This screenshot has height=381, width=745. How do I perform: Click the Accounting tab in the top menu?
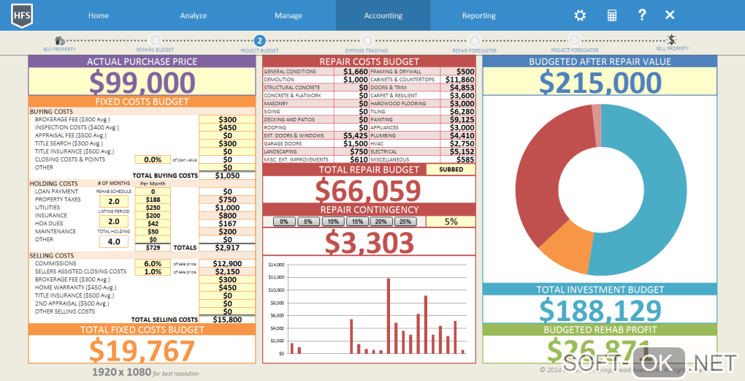point(383,15)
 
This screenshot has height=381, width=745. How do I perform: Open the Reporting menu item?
point(478,15)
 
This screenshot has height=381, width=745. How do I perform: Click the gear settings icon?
point(580,15)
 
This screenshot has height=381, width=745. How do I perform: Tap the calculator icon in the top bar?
point(612,15)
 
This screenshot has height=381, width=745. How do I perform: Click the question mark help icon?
point(641,15)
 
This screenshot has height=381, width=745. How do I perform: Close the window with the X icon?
point(670,15)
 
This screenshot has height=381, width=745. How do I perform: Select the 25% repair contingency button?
point(405,222)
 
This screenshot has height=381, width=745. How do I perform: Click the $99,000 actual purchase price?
point(142,81)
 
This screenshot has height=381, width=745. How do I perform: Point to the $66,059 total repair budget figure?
point(368,191)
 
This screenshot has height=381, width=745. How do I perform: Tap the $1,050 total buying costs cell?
point(227,176)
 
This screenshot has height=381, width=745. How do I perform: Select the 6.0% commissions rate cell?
point(153,263)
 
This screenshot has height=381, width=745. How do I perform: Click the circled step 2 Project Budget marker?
point(259,41)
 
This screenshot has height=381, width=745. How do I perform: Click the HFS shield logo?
point(21,15)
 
